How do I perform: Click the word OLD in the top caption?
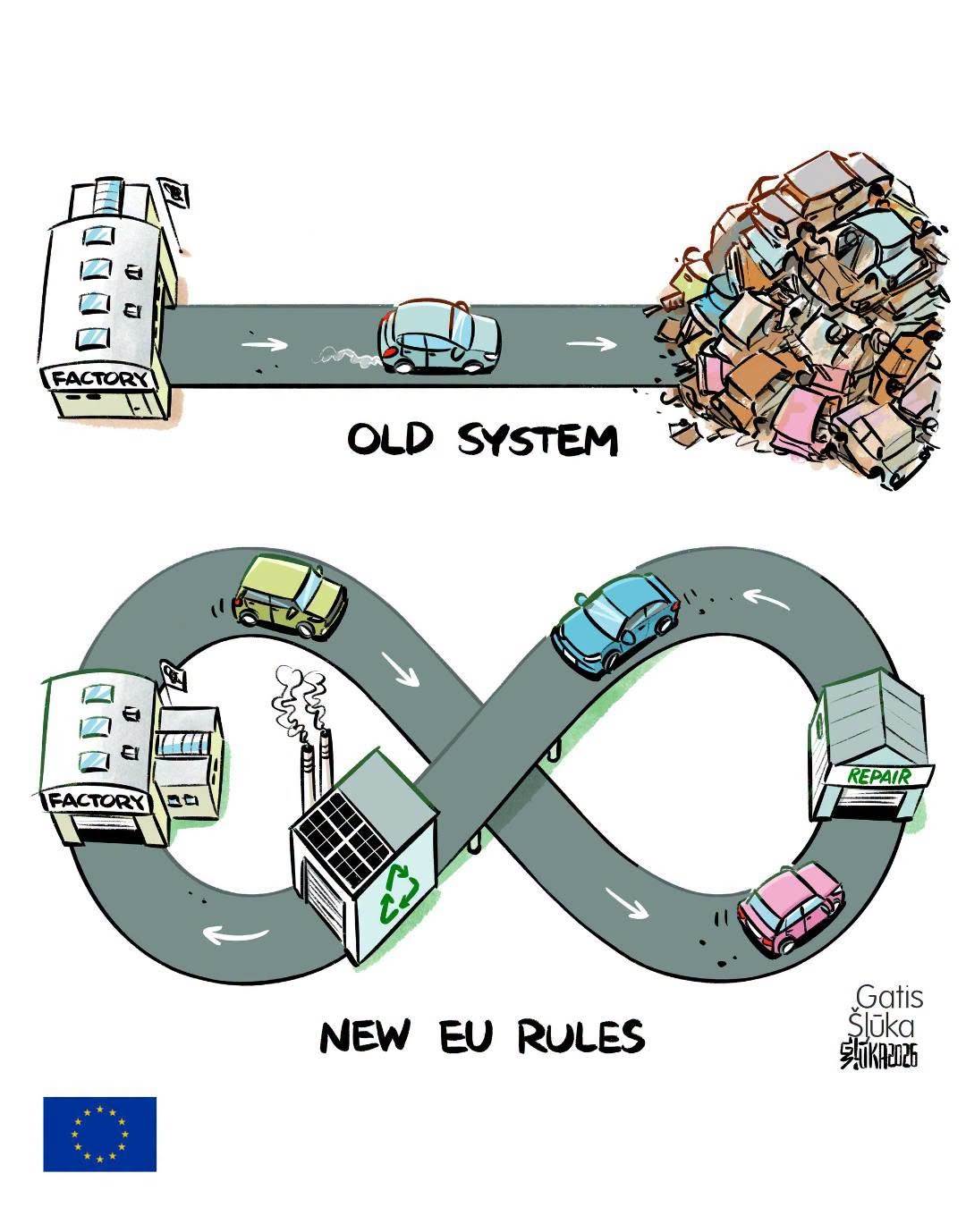tap(390, 439)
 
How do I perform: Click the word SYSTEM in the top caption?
tap(538, 439)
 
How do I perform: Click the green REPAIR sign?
tap(878, 777)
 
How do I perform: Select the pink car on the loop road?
tap(790, 908)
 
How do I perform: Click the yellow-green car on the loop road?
tap(289, 596)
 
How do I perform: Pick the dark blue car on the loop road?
tap(615, 625)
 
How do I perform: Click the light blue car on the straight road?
tap(438, 336)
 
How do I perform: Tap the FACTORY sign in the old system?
tap(99, 378)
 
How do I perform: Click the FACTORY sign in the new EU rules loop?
tap(97, 800)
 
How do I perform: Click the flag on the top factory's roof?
tap(173, 194)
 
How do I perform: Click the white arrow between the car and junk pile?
tap(591, 343)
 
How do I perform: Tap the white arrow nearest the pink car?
tap(626, 904)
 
